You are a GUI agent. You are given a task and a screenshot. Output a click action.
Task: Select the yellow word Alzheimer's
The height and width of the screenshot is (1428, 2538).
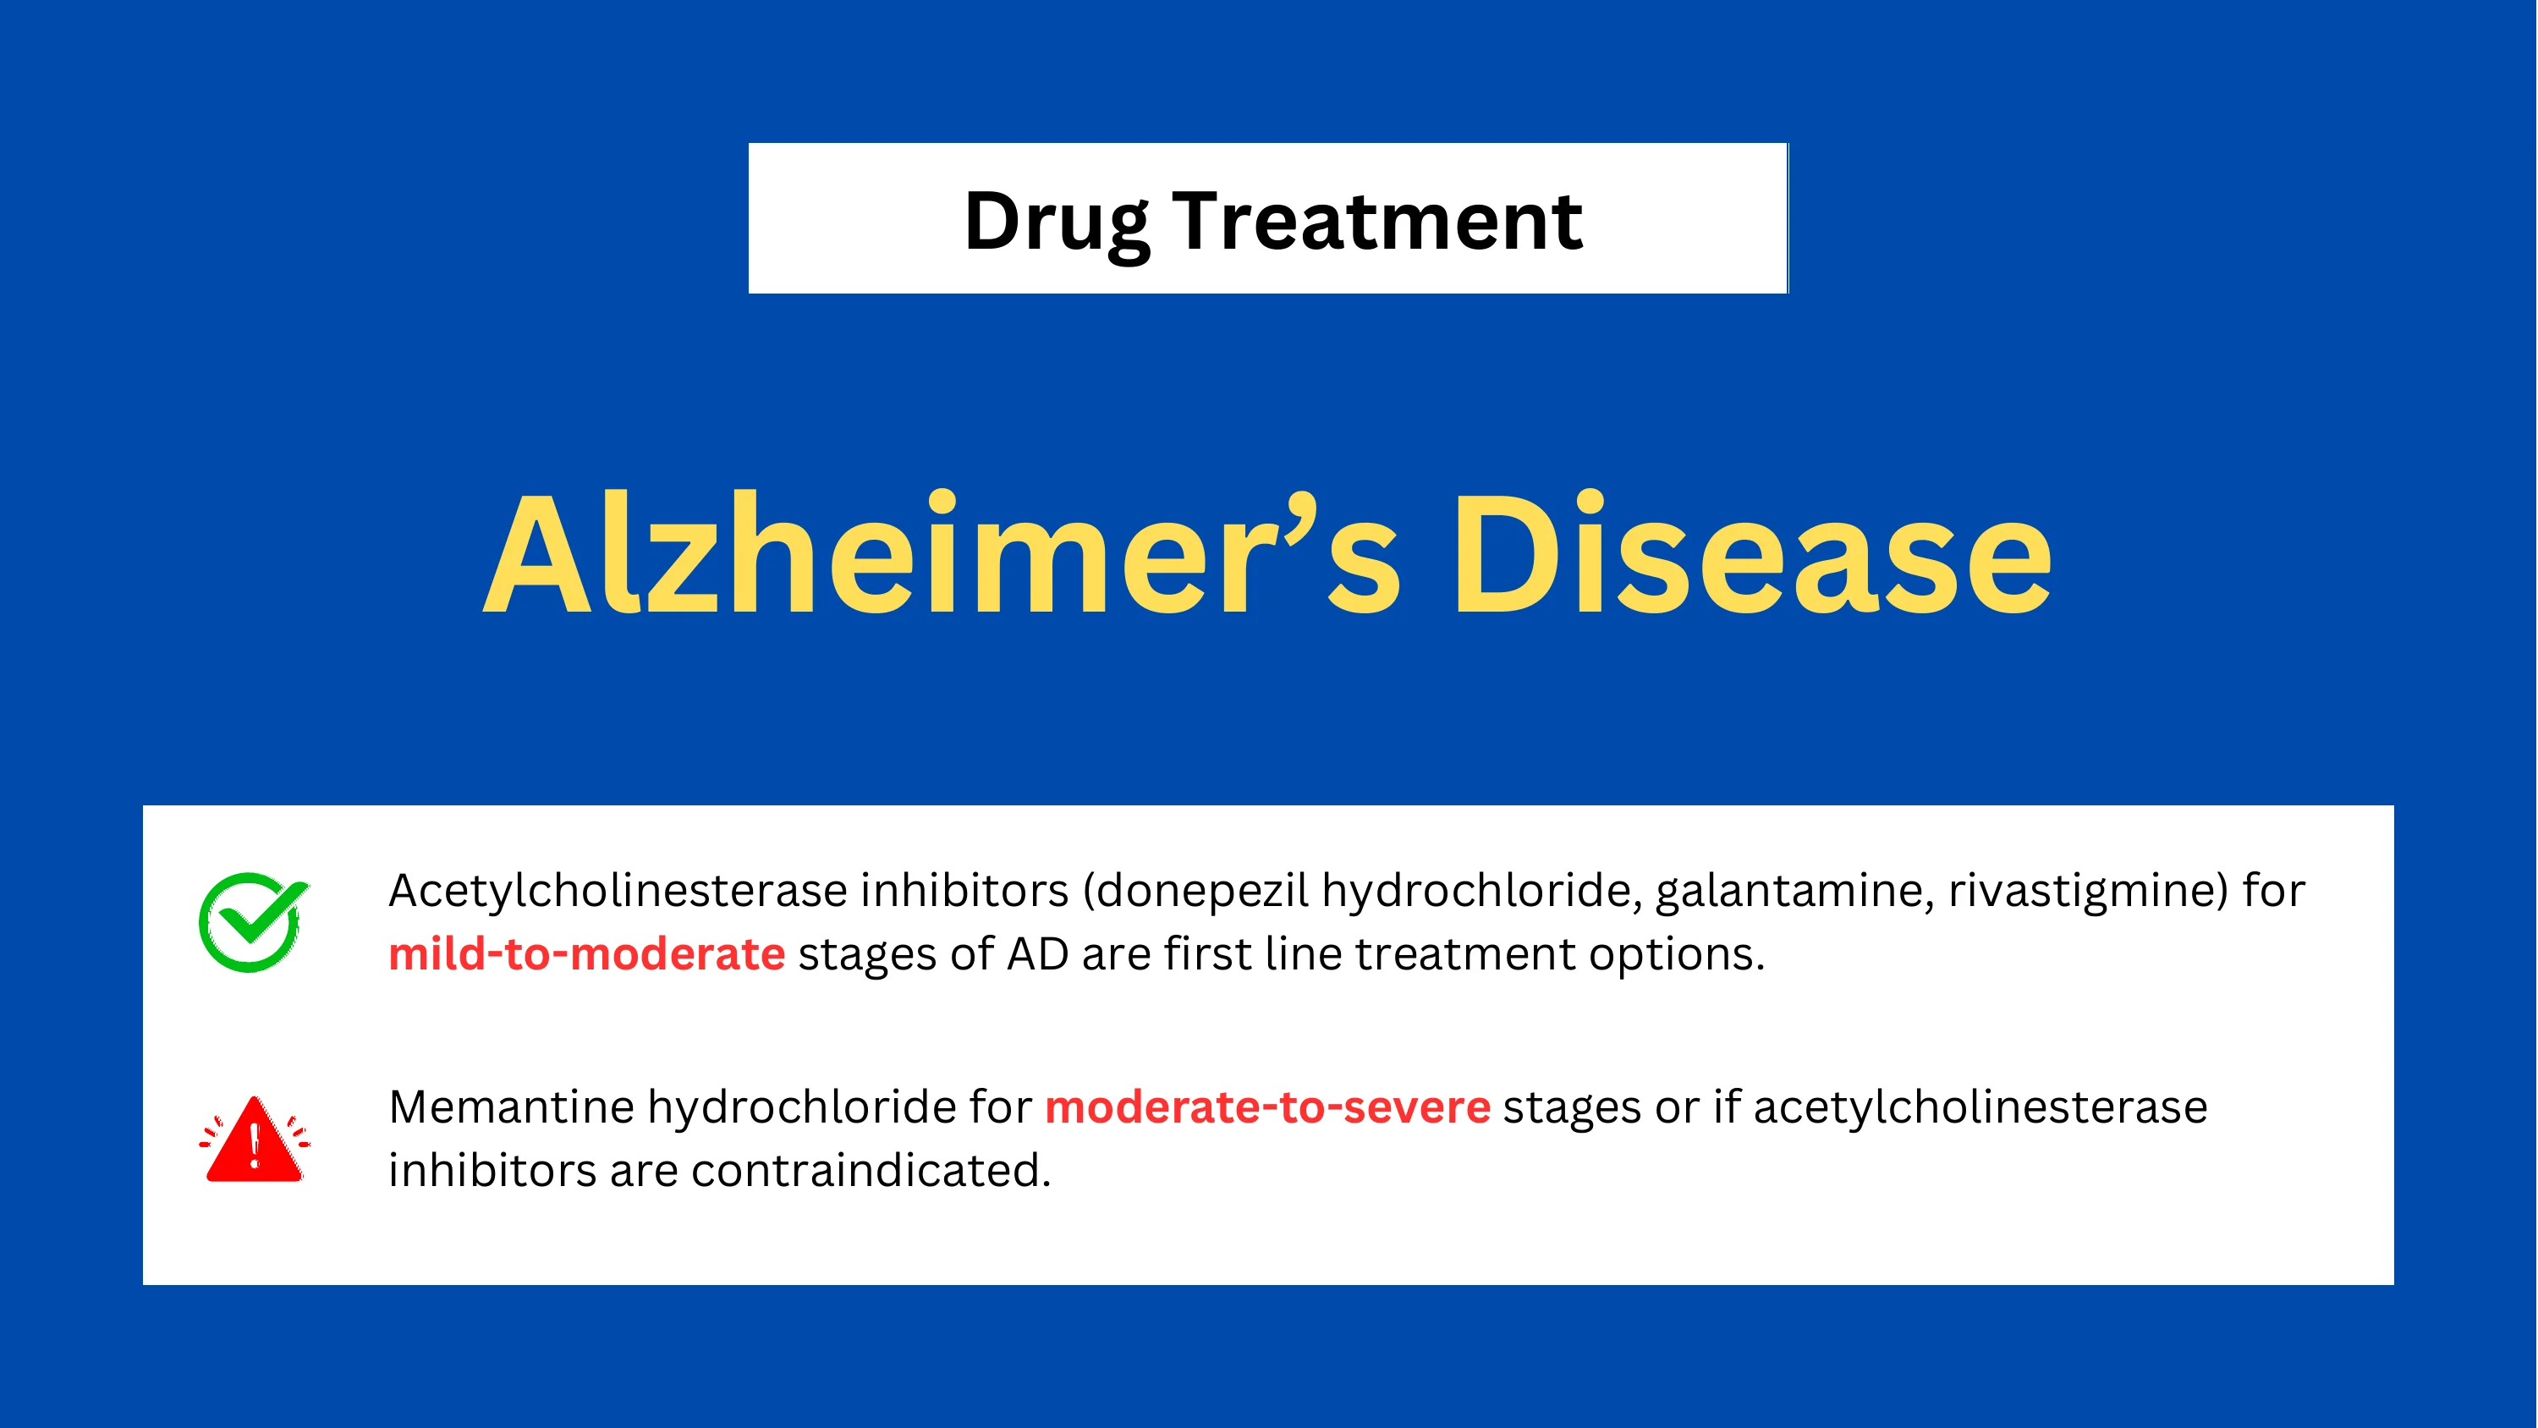click(942, 554)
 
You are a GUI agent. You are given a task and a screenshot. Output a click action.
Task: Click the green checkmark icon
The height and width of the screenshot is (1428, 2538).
click(253, 922)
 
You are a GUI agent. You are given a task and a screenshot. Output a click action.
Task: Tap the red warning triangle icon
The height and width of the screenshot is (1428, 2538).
click(254, 1140)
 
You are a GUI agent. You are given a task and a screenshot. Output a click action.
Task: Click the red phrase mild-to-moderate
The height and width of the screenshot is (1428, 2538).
click(587, 954)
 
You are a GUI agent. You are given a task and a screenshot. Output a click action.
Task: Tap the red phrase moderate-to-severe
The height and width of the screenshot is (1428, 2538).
click(1268, 1107)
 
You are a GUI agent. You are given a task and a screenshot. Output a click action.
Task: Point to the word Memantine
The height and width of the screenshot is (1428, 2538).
click(511, 1107)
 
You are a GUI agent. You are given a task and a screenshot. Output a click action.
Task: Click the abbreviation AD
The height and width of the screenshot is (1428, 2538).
click(1037, 954)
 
